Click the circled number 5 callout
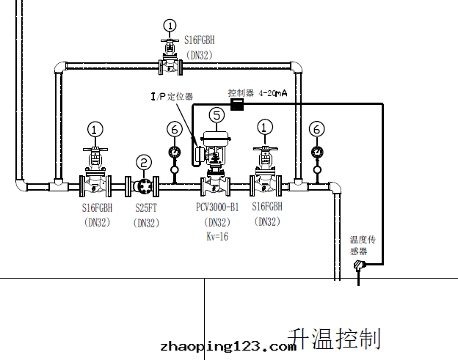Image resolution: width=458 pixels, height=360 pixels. tap(217, 114)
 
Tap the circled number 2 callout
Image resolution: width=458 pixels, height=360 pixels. tap(144, 162)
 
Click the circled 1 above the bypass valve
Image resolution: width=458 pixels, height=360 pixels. tap(170, 27)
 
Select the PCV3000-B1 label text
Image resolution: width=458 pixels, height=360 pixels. tap(217, 208)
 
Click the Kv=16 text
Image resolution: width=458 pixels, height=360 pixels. tap(217, 236)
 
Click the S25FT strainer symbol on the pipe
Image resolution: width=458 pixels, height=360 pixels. tap(144, 185)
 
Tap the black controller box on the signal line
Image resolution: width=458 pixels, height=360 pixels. tap(237, 105)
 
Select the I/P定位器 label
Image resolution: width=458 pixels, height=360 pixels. tap(172, 96)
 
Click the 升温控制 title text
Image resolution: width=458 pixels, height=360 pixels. tap(335, 338)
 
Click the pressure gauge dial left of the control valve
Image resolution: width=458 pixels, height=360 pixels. tap(175, 152)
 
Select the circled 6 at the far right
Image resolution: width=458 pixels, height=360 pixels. tap(316, 129)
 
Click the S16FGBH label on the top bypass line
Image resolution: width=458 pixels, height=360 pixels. tap(198, 41)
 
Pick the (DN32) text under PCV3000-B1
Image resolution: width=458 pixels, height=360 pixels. tap(217, 223)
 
